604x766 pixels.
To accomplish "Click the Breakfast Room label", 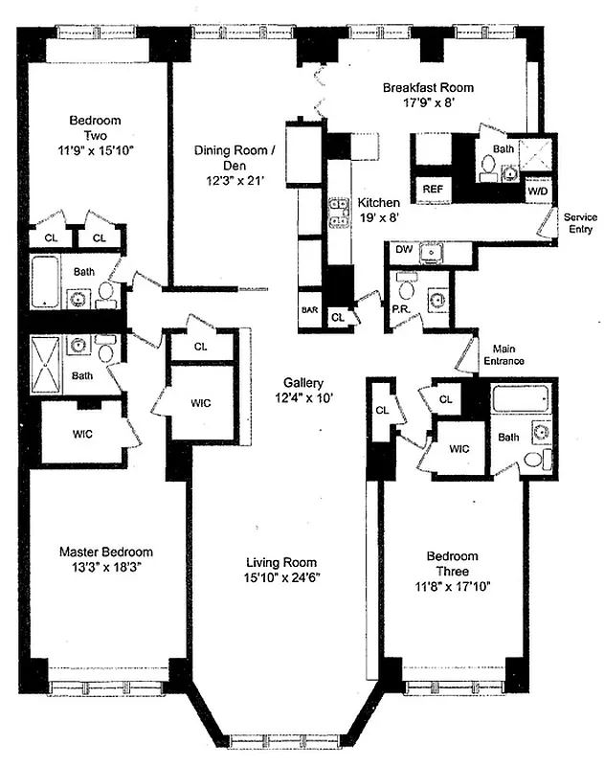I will [x=428, y=88].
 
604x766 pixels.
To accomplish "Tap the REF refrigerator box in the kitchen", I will [x=432, y=190].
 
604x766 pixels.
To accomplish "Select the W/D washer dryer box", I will [x=537, y=190].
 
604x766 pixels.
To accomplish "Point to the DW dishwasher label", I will [x=404, y=250].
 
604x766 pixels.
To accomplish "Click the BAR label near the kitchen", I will [x=309, y=310].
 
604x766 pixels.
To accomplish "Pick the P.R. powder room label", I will [x=402, y=310].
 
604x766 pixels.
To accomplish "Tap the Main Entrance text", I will [x=507, y=354].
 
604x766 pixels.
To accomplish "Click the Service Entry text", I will [x=579, y=223].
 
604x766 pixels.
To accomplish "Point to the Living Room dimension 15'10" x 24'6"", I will [x=280, y=577].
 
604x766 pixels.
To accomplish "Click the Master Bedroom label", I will [x=105, y=552].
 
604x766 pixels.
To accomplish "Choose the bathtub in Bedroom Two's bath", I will [x=46, y=282].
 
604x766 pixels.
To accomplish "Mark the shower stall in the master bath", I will [x=44, y=366].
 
